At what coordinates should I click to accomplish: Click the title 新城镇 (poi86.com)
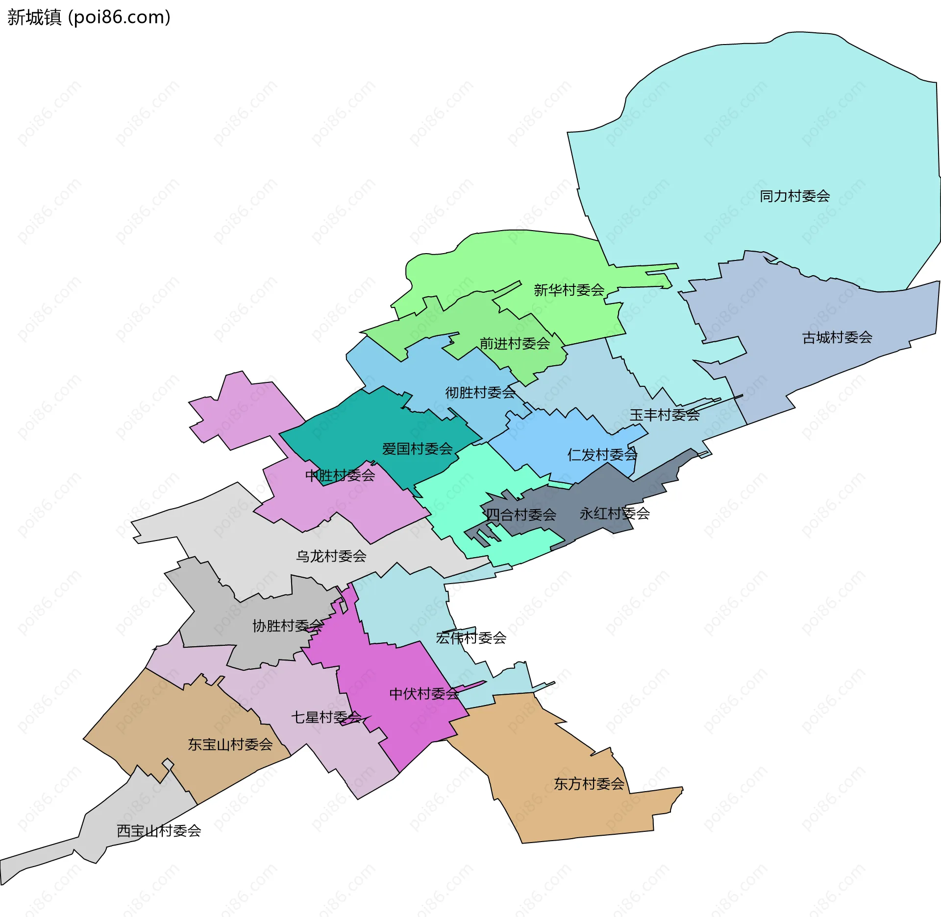click(89, 17)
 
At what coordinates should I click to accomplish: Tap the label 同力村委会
click(794, 196)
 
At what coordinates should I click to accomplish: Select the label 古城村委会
click(837, 337)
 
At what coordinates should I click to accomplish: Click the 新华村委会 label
click(569, 290)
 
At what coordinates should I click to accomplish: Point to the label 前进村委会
click(514, 344)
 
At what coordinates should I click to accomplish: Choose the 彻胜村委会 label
click(480, 393)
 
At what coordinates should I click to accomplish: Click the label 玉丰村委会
click(664, 415)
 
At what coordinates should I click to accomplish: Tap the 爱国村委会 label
click(417, 449)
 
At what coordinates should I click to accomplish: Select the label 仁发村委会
click(602, 455)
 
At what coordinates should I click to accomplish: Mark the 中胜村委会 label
click(340, 475)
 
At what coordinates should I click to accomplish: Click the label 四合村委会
click(521, 515)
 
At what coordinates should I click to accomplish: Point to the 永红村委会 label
click(615, 514)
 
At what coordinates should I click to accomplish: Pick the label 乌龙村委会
click(331, 556)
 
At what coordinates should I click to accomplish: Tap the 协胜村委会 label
click(288, 626)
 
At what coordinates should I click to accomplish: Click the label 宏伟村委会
click(471, 638)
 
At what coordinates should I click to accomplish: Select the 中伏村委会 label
click(424, 694)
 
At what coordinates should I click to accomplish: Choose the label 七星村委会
click(326, 717)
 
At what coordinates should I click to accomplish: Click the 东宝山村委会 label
click(230, 745)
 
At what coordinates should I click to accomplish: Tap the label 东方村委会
click(589, 784)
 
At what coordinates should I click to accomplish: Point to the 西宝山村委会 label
click(159, 831)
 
